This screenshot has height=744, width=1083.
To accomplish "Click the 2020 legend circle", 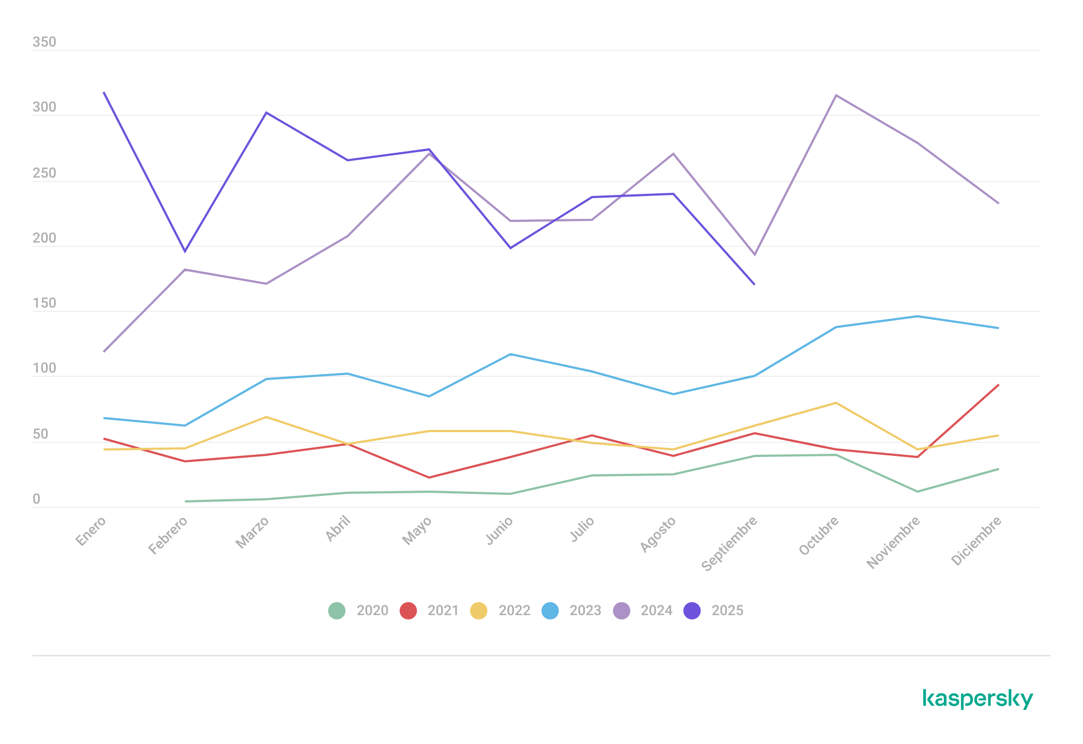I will [337, 611].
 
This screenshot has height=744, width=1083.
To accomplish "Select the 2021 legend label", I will [442, 611].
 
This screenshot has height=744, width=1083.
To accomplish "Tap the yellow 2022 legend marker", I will [479, 611].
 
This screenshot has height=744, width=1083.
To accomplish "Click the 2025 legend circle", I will [692, 611].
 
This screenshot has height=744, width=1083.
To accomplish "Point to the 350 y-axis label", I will [44, 42].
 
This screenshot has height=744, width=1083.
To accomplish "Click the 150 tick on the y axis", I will [44, 303].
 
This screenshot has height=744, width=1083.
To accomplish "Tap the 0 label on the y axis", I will [36, 499].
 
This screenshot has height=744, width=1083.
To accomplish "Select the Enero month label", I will [91, 531].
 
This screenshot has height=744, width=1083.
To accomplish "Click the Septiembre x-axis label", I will [729, 544].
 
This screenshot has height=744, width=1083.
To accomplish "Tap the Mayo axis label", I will [417, 531].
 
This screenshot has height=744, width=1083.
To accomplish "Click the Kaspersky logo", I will [977, 699].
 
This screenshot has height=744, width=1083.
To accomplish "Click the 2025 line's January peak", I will [104, 93].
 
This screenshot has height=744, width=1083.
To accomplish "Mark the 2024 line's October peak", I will [836, 95].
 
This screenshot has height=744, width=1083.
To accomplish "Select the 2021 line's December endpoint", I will [998, 385].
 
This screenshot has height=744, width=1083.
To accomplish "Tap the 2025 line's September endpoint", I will [754, 284].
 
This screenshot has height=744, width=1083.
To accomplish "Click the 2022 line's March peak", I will [266, 417].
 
